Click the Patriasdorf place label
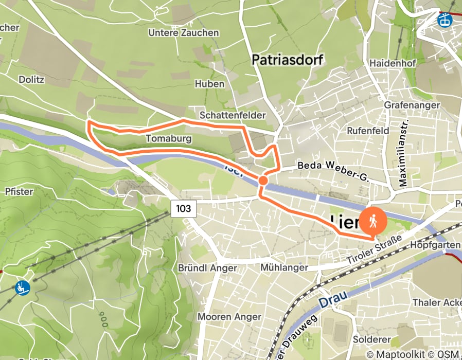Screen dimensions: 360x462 click(x=287, y=60)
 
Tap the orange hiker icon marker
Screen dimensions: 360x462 click(x=374, y=221)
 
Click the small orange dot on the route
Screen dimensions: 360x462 click(x=263, y=181)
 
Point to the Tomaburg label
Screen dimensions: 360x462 click(x=169, y=139)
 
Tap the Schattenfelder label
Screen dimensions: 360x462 click(x=233, y=115)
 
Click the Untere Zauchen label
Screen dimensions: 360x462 click(x=183, y=33)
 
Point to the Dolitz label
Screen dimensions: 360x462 click(x=32, y=80)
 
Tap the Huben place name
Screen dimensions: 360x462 click(x=209, y=84)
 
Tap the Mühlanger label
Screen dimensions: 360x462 click(x=284, y=267)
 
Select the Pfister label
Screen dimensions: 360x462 click(x=19, y=192)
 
